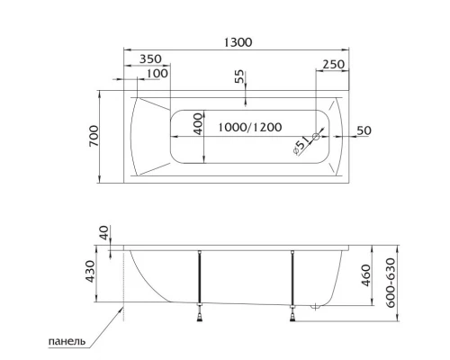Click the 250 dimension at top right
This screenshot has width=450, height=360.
(333, 64)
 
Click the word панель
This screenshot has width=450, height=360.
(67, 341)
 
